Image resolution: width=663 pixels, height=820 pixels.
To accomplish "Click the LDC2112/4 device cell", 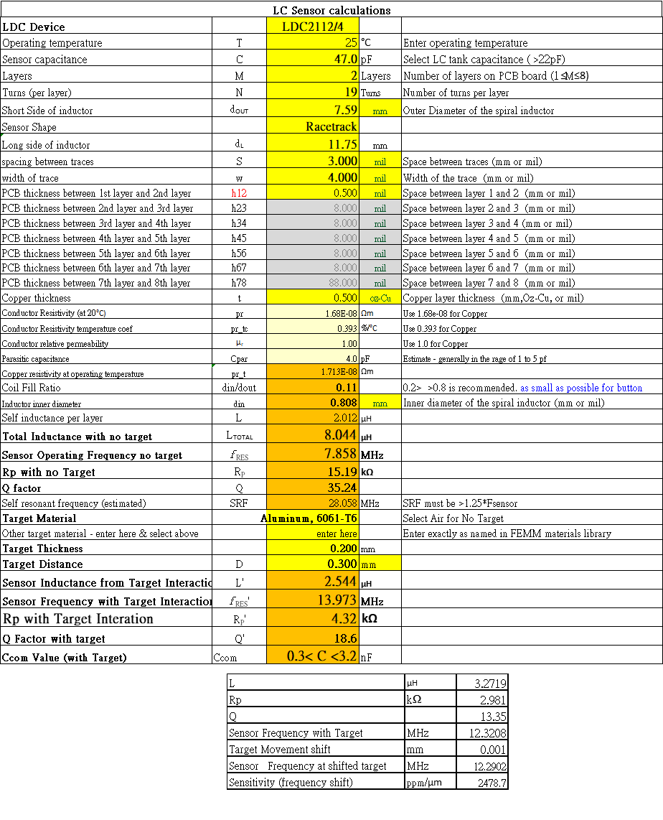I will click(312, 27).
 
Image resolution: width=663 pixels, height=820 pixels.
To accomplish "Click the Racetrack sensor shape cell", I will click(331, 126).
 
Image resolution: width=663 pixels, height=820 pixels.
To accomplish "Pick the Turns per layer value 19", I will click(350, 92).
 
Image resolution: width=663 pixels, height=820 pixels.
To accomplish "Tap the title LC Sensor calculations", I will click(331, 10).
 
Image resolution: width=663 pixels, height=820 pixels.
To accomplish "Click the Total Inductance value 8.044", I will click(339, 435).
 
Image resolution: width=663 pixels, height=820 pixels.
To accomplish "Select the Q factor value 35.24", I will click(341, 488).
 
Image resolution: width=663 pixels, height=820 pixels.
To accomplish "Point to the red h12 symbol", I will click(239, 192).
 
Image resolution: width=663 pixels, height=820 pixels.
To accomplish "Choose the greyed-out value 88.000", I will click(342, 283).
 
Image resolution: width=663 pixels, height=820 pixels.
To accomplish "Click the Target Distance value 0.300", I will click(342, 564).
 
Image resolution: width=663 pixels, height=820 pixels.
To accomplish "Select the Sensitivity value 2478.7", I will click(492, 782).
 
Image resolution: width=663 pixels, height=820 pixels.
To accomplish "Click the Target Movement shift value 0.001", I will click(494, 749).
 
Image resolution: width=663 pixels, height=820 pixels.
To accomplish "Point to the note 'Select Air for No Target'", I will click(453, 518).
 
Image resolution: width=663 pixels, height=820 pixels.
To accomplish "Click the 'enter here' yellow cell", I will click(337, 534).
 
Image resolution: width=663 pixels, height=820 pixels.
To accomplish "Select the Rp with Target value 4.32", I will click(343, 618).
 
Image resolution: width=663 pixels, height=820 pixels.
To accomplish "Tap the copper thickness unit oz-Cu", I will click(380, 298).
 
